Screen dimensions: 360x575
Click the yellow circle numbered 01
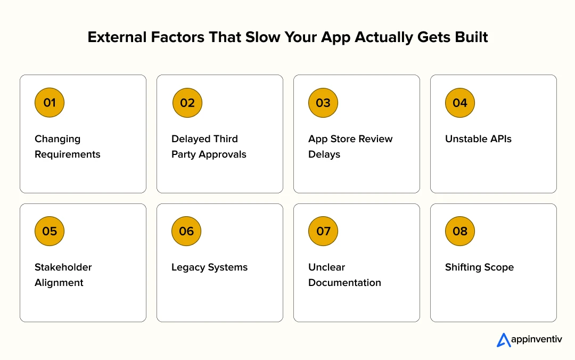point(50,103)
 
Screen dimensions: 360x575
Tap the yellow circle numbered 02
point(187,103)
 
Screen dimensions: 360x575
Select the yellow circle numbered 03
point(323,103)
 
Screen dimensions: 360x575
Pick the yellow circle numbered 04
point(460,103)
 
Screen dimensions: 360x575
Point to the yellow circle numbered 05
point(50,231)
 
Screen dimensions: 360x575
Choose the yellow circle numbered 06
point(186,231)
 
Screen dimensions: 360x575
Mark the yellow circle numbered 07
point(323,231)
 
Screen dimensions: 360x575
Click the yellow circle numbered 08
point(460,231)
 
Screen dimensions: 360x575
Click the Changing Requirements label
point(68,146)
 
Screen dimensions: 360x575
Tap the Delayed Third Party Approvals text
point(209,146)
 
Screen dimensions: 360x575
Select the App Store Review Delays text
point(350,146)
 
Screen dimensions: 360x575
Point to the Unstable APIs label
point(478,139)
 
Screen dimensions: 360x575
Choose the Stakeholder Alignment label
point(63,275)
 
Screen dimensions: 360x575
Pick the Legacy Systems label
point(209,267)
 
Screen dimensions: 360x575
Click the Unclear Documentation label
point(344,275)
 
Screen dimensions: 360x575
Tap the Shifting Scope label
point(479,267)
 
